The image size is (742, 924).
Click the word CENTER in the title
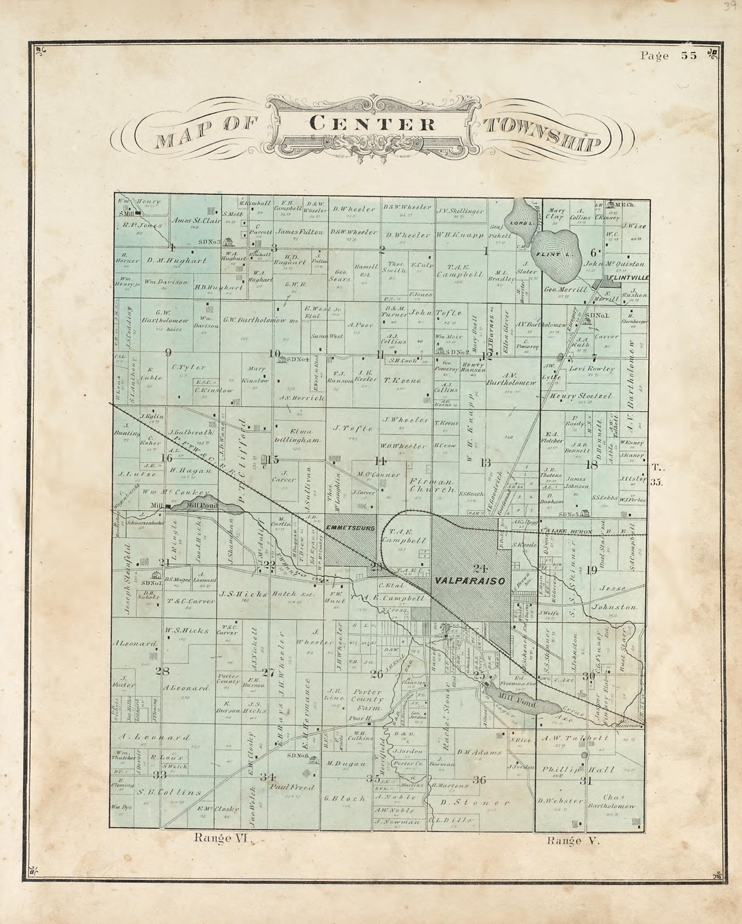tap(372, 124)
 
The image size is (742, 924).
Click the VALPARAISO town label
tap(470, 581)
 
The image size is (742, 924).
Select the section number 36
tap(479, 780)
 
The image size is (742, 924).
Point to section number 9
tap(168, 352)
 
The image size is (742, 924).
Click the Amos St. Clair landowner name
tap(196, 221)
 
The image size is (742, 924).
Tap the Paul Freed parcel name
tap(292, 787)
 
